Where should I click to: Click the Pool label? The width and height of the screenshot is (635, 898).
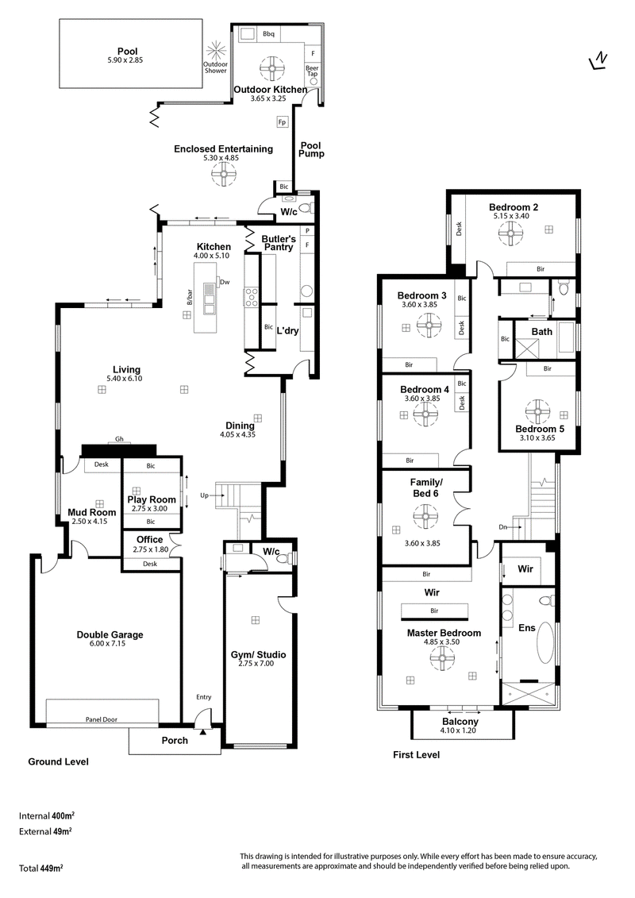pyautogui.click(x=128, y=52)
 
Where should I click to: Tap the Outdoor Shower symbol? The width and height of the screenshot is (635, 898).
pyautogui.click(x=216, y=49)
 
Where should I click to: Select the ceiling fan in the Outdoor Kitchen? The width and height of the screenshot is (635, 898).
pyautogui.click(x=272, y=68)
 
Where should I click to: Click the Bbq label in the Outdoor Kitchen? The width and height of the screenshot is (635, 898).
pyautogui.click(x=268, y=34)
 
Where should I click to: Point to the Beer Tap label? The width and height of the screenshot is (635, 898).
pyautogui.click(x=312, y=71)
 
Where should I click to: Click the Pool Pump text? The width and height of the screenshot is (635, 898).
pyautogui.click(x=311, y=149)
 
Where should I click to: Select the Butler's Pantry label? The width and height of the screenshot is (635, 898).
pyautogui.click(x=279, y=243)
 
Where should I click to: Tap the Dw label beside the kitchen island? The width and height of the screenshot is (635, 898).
pyautogui.click(x=225, y=282)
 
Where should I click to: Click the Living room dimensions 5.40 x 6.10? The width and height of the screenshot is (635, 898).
pyautogui.click(x=125, y=379)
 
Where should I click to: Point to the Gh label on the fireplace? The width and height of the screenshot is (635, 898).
pyautogui.click(x=119, y=439)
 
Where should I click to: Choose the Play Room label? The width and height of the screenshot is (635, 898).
pyautogui.click(x=151, y=499)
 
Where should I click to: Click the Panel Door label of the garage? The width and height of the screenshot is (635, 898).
pyautogui.click(x=102, y=719)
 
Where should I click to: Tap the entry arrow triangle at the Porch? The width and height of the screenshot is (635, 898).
pyautogui.click(x=202, y=730)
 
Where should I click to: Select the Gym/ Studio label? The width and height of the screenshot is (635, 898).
pyautogui.click(x=258, y=654)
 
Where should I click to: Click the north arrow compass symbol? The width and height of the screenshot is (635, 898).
pyautogui.click(x=598, y=60)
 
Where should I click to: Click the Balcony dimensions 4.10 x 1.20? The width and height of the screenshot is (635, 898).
pyautogui.click(x=458, y=730)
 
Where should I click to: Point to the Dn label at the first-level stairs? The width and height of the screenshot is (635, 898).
pyautogui.click(x=502, y=527)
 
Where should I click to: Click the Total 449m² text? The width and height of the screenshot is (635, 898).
pyautogui.click(x=40, y=868)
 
